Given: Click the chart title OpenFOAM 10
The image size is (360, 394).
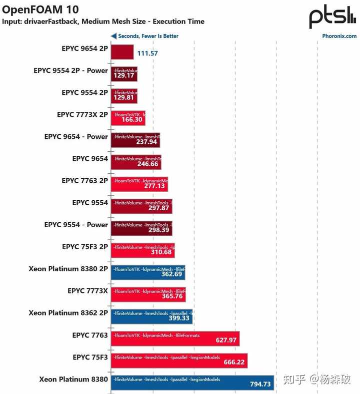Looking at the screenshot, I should pyautogui.click(x=40, y=9).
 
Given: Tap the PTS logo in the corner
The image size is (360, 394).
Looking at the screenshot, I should pyautogui.click(x=332, y=17).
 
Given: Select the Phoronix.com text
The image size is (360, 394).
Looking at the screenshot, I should pyautogui.click(x=339, y=36).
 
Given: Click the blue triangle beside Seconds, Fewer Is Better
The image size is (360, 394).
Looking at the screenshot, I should pyautogui.click(x=113, y=36).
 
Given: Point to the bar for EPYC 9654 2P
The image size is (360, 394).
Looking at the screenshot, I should pyautogui.click(x=122, y=52).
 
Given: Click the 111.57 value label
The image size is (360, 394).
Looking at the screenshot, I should pyautogui.click(x=147, y=53).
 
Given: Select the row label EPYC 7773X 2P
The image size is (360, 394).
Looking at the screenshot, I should pyautogui.click(x=82, y=114).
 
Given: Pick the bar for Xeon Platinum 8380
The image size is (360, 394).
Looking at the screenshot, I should pyautogui.click(x=192, y=383).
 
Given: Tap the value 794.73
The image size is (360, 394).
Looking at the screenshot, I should pyautogui.click(x=260, y=384).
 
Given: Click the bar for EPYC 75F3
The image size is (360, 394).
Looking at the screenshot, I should pyautogui.click(x=179, y=361).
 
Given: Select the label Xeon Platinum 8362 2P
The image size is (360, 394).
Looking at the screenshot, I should pyautogui.click(x=68, y=313).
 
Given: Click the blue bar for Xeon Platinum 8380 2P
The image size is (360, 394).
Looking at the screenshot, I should pyautogui.click(x=148, y=273).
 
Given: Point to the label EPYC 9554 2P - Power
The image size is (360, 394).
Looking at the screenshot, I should pyautogui.click(x=70, y=70).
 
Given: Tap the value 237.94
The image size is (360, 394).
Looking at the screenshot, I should pyautogui.click(x=146, y=142).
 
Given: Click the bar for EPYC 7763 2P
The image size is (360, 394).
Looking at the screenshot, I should pyautogui.click(x=139, y=184).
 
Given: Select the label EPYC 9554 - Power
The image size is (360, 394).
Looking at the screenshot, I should pyautogui.click(x=76, y=225).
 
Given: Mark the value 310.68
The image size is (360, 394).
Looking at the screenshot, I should pyautogui.click(x=161, y=252).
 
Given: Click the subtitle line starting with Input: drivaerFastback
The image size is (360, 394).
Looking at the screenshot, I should pyautogui.click(x=103, y=21).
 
